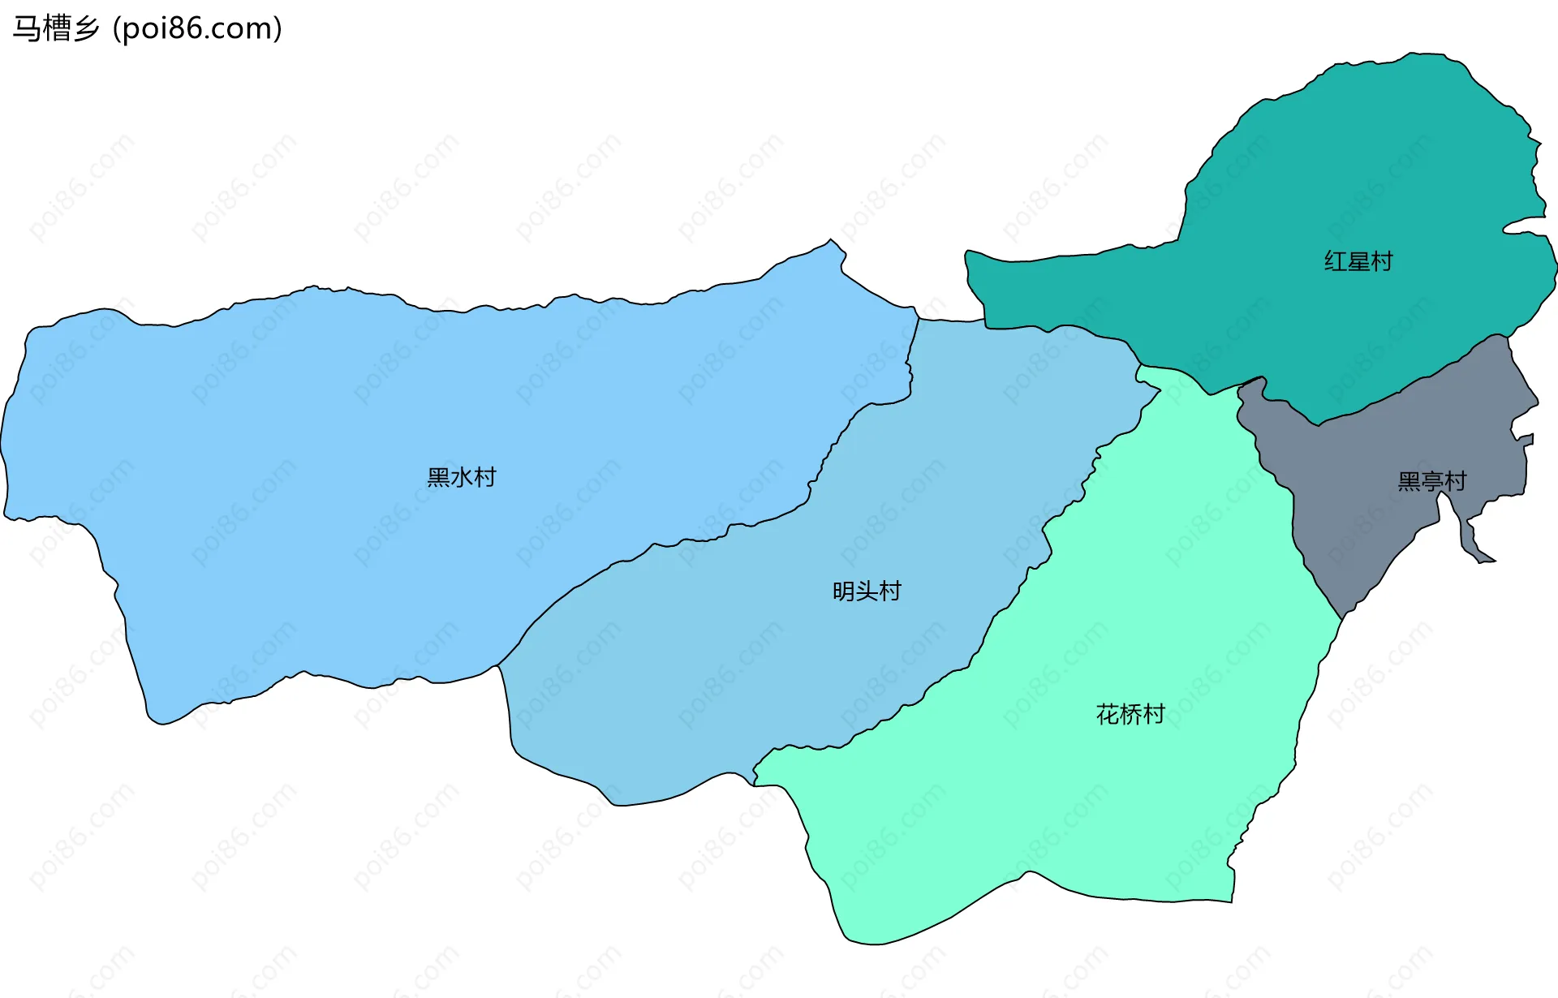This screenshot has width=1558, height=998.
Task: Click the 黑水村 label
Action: [461, 477]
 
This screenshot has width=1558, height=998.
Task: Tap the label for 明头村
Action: [867, 591]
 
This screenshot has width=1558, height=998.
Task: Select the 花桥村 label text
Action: [1130, 714]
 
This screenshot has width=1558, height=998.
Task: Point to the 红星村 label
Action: [1358, 261]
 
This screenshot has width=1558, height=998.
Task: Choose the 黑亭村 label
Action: [1432, 481]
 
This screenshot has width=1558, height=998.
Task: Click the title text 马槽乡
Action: [56, 28]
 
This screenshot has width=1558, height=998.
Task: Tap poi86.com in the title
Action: [197, 28]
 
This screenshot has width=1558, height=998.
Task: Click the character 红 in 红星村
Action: [1336, 261]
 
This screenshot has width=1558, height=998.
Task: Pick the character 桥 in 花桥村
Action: [1130, 714]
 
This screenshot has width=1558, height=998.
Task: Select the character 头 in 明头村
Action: [867, 591]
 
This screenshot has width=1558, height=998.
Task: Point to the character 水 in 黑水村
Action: [461, 477]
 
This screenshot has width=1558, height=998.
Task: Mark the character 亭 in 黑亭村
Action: [1432, 481]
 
